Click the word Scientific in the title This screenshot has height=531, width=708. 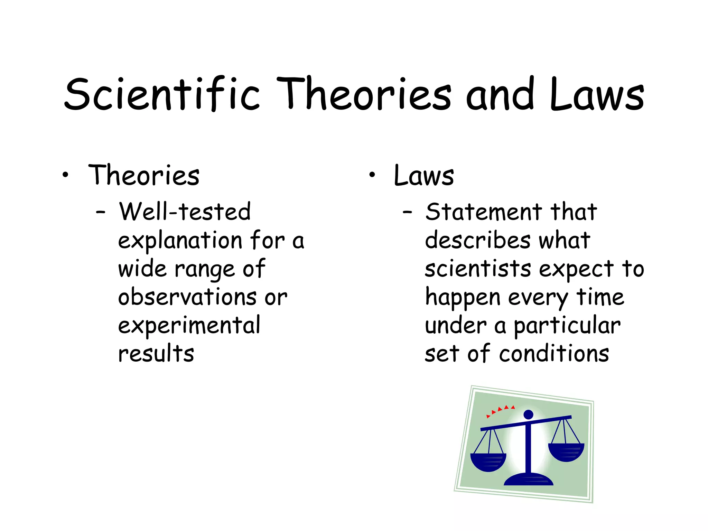click(x=162, y=94)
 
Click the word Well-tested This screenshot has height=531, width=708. click(x=185, y=212)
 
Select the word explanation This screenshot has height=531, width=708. click(x=180, y=241)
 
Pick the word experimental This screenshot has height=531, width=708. click(x=189, y=326)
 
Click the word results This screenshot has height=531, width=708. click(x=156, y=354)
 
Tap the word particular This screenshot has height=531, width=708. click(x=567, y=326)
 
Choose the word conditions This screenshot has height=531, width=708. click(x=554, y=354)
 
